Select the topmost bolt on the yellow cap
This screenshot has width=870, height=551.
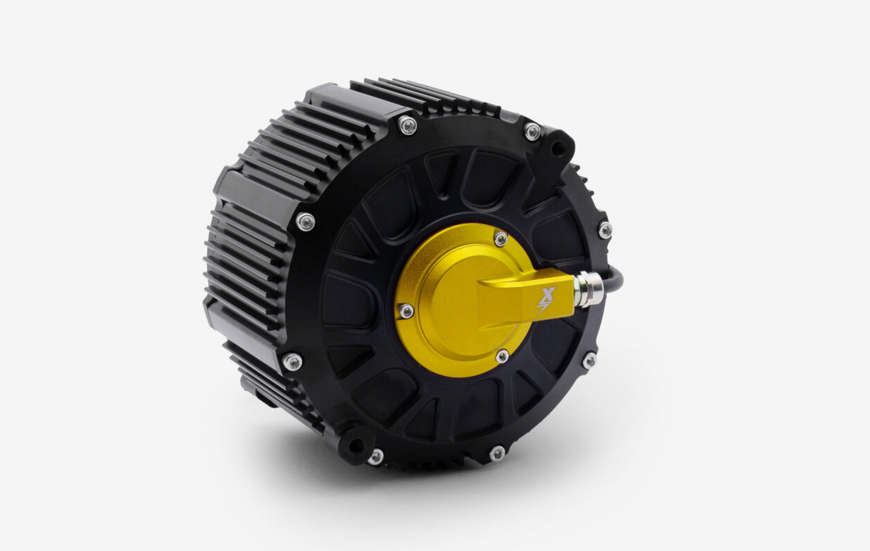500,239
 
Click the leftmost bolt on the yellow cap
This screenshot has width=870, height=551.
407,311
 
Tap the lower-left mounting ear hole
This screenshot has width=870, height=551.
357,446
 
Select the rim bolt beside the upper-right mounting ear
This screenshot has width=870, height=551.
532,132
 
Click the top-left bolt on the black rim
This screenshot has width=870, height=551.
408,125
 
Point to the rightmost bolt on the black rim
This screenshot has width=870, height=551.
605,229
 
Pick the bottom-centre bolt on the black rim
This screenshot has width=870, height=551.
497,453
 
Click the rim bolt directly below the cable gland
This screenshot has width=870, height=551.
589,361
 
